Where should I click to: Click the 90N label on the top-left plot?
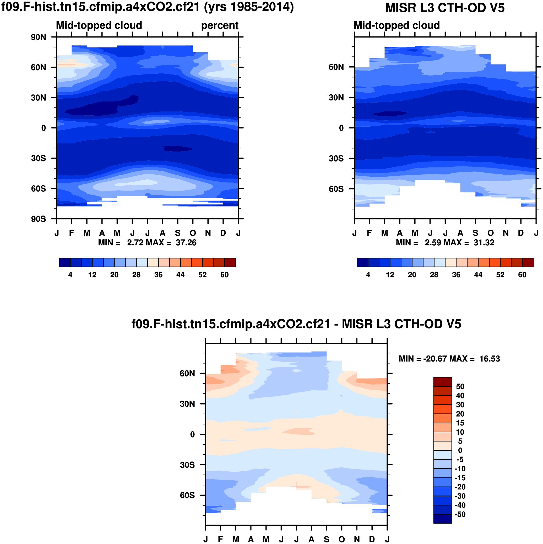click(x=38, y=37)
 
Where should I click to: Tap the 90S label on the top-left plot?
click(x=38, y=219)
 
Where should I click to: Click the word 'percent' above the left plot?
click(x=220, y=25)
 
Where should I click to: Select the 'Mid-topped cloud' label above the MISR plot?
click(x=396, y=25)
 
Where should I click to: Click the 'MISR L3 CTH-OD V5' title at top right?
click(x=445, y=8)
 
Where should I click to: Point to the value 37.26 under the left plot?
click(x=186, y=243)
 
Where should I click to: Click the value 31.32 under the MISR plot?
click(x=484, y=243)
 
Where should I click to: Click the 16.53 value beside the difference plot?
click(x=490, y=359)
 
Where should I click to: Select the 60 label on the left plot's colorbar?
click(x=224, y=275)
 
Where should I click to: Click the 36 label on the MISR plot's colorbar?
click(x=456, y=275)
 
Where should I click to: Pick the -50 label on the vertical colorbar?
click(x=460, y=514)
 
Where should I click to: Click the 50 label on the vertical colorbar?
click(x=460, y=386)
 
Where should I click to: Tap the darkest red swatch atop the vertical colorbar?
click(x=443, y=382)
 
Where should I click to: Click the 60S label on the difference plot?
click(x=187, y=495)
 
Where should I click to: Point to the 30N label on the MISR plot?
click(x=336, y=98)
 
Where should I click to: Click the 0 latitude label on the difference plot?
click(x=193, y=434)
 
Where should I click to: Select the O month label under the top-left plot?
click(x=193, y=233)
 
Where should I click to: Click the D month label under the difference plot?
click(x=372, y=539)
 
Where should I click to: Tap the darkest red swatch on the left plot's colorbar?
click(x=230, y=262)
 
